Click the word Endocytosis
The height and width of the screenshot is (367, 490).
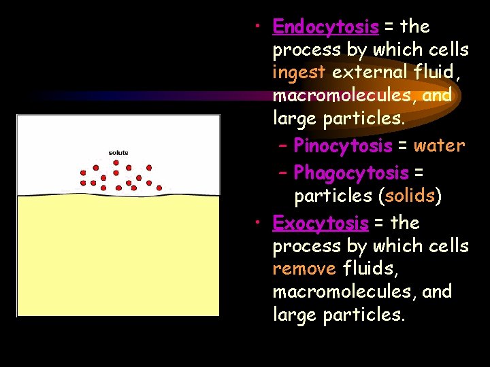coord(325,27)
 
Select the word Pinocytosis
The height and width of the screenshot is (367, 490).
coord(342,146)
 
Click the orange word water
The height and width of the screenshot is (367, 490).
coord(439,145)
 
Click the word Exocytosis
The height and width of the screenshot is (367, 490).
coord(320,223)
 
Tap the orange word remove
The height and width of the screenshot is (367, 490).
coord(304,268)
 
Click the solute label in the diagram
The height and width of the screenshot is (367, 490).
coord(118,152)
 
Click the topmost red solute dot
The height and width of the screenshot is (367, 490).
coord(116,162)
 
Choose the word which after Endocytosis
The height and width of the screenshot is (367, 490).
coord(400,50)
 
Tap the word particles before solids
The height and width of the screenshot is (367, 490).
coord(333,196)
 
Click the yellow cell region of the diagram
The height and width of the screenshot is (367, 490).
coord(118,258)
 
